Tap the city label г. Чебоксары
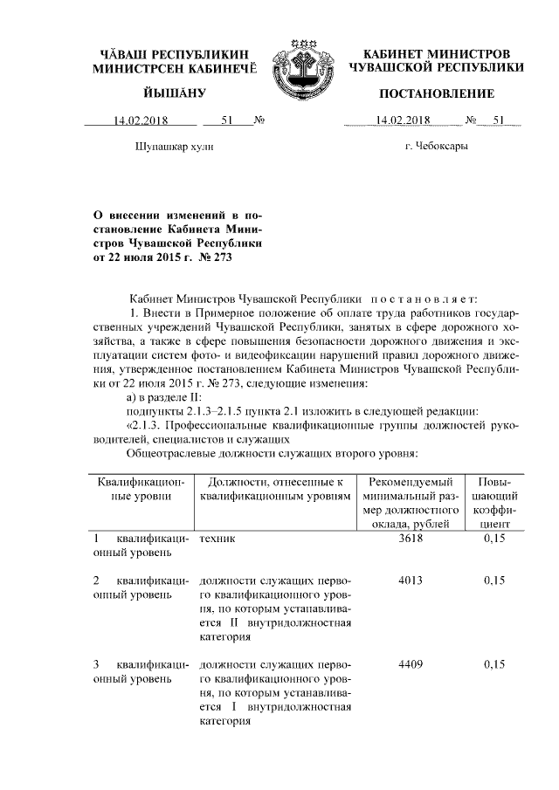(x=436, y=146)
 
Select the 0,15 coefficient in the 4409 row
(x=494, y=664)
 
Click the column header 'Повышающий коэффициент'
(x=494, y=502)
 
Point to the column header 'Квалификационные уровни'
(x=141, y=489)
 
